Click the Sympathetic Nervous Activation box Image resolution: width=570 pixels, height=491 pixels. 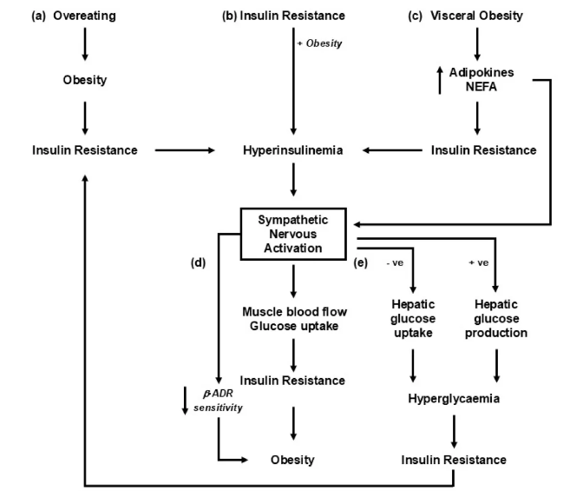295,232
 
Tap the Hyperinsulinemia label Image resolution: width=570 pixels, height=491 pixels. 295,150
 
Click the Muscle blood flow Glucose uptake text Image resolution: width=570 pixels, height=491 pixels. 295,317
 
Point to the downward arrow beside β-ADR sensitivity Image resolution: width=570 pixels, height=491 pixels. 185,399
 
